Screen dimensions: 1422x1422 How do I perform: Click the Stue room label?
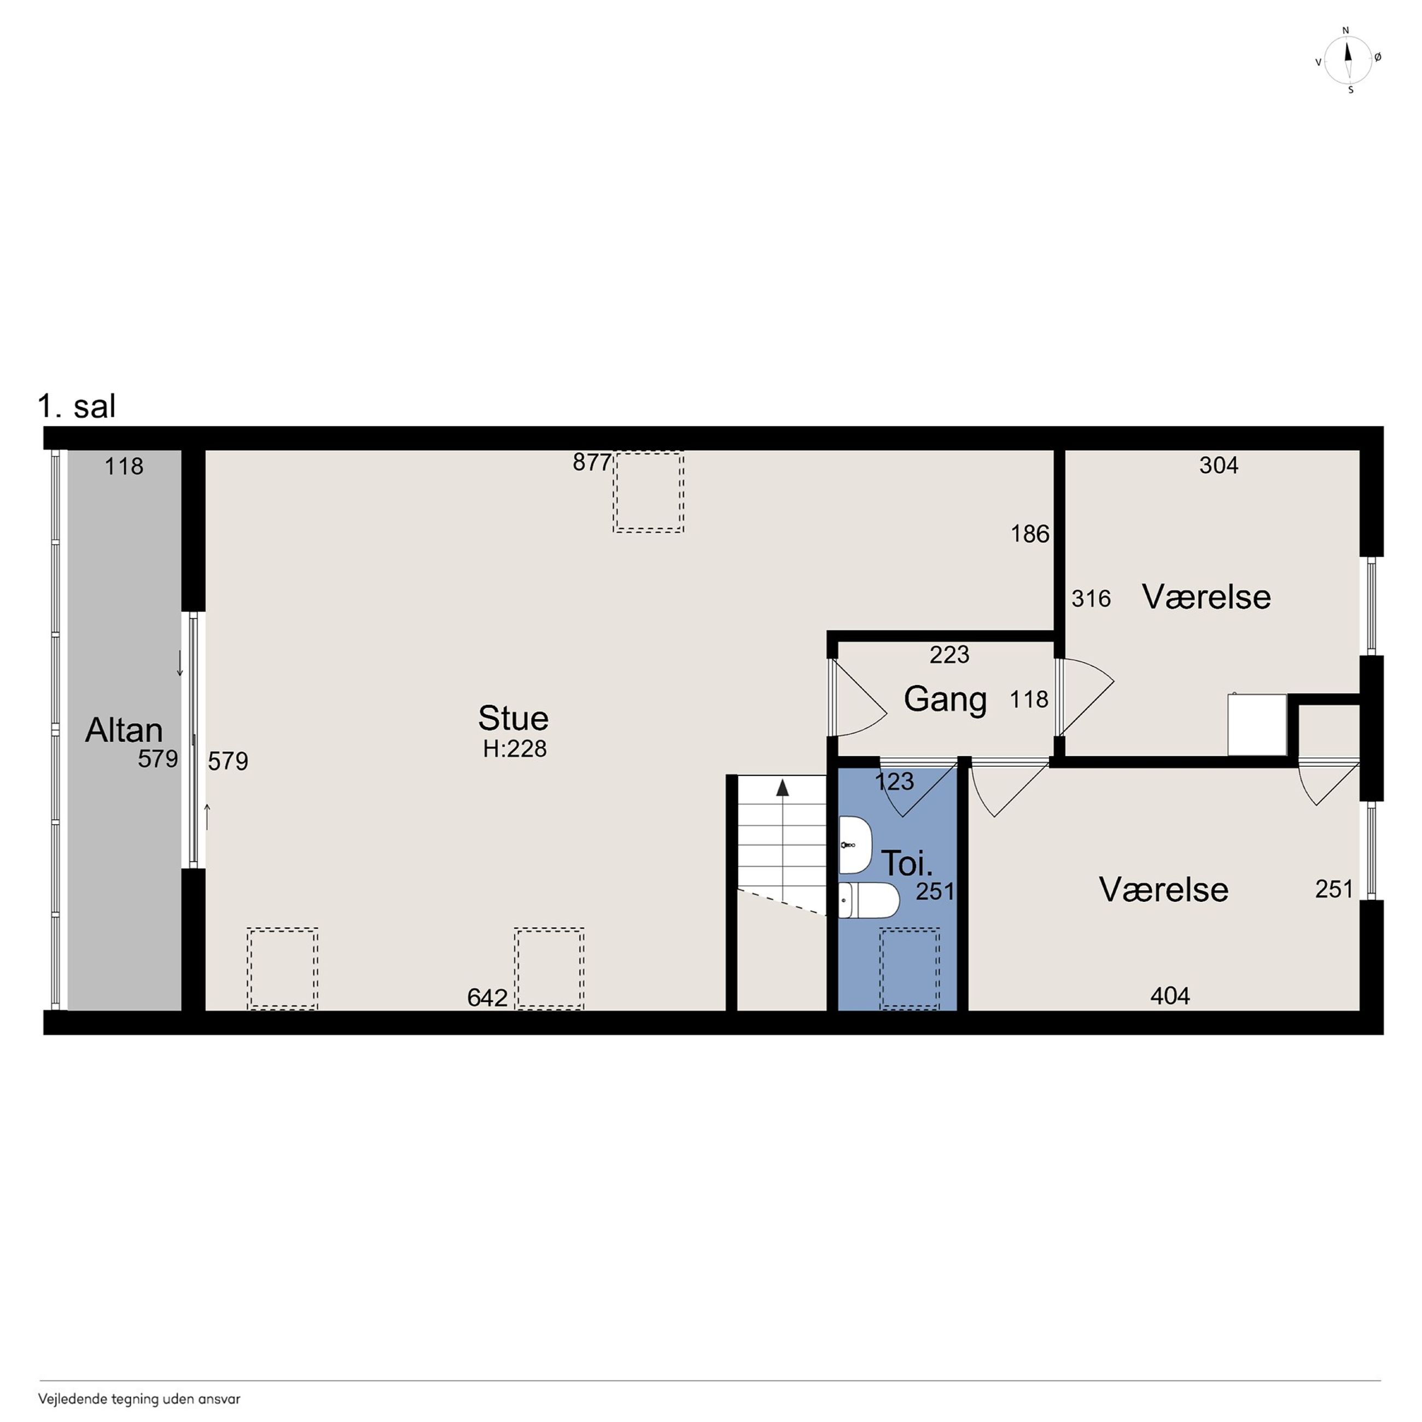[513, 718]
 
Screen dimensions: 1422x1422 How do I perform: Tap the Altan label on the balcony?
[124, 730]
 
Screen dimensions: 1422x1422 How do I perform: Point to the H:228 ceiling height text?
[515, 749]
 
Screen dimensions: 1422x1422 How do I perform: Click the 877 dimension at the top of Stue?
[592, 462]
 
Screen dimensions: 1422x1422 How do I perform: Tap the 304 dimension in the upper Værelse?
[1219, 465]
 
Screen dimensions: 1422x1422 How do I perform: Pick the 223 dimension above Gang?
[949, 654]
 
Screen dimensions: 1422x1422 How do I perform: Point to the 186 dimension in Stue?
[1030, 534]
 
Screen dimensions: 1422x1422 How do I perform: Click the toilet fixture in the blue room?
[869, 900]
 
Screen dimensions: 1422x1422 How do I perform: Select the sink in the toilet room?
[855, 845]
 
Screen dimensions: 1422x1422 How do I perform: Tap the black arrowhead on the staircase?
[783, 788]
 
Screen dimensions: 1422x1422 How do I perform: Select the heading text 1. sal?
[77, 406]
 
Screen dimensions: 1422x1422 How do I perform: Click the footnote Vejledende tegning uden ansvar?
[139, 1399]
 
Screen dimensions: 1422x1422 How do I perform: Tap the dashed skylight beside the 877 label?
[649, 492]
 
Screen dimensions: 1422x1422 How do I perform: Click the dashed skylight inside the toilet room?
[910, 969]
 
